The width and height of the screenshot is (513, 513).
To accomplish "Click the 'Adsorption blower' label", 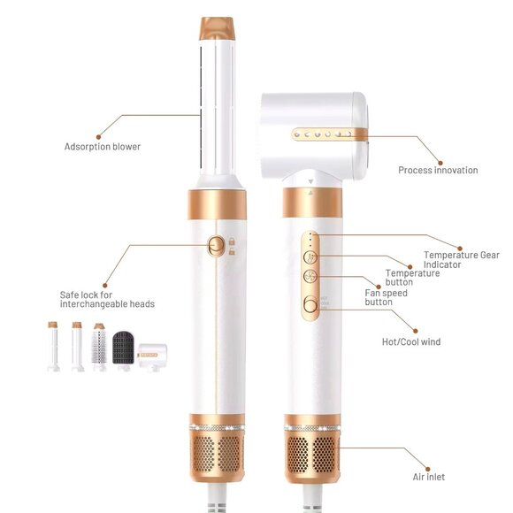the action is [x=103, y=147].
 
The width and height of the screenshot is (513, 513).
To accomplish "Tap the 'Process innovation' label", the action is [x=438, y=170].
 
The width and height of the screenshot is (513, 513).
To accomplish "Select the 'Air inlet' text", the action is [x=429, y=477].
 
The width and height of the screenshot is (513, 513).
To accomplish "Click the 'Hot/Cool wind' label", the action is [x=411, y=342].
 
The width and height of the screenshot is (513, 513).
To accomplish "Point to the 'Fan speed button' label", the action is [x=386, y=297].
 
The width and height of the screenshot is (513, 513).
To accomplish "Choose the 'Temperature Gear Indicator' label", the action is [x=462, y=260].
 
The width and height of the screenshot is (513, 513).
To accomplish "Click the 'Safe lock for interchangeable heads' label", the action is [x=107, y=299].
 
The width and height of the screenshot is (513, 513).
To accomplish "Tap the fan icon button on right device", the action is [x=310, y=277].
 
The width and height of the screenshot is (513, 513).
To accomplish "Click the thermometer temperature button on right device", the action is [x=310, y=257].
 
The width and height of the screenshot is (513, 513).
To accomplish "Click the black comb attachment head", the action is [x=123, y=348].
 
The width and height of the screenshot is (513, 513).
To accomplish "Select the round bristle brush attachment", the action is [x=99, y=347].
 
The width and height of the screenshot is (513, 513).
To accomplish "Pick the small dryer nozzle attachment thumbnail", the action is [x=152, y=356].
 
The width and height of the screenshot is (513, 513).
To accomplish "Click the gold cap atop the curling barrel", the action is [x=218, y=28].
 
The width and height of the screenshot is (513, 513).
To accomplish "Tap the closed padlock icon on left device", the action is [x=232, y=241].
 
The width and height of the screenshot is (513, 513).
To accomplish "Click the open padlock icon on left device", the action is [x=232, y=251].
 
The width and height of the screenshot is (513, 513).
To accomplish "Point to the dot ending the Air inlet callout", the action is [x=427, y=469].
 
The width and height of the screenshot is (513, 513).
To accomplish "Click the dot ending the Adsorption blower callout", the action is [x=98, y=137].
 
